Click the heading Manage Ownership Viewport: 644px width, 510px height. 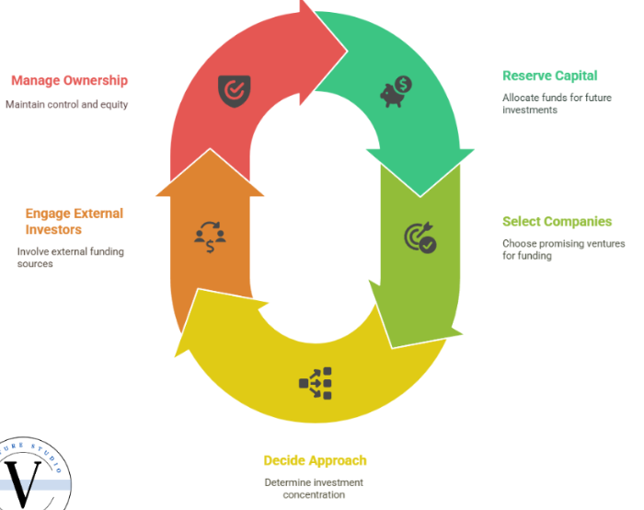pos(69,81)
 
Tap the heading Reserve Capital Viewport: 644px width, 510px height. pos(549,75)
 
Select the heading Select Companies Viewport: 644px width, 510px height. pos(557,222)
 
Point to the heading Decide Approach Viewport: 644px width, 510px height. pos(315,460)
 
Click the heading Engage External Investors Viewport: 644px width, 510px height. pos(74,222)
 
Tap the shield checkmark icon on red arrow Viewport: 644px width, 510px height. pos(231,90)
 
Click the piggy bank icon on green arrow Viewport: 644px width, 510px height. pos(397,90)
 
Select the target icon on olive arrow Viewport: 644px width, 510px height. pos(420,238)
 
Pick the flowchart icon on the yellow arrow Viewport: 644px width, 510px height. pos(315,383)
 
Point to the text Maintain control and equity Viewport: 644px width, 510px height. pos(66,104)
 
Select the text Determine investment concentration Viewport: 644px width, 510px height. pos(314,489)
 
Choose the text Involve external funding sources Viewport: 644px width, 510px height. pos(70,258)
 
